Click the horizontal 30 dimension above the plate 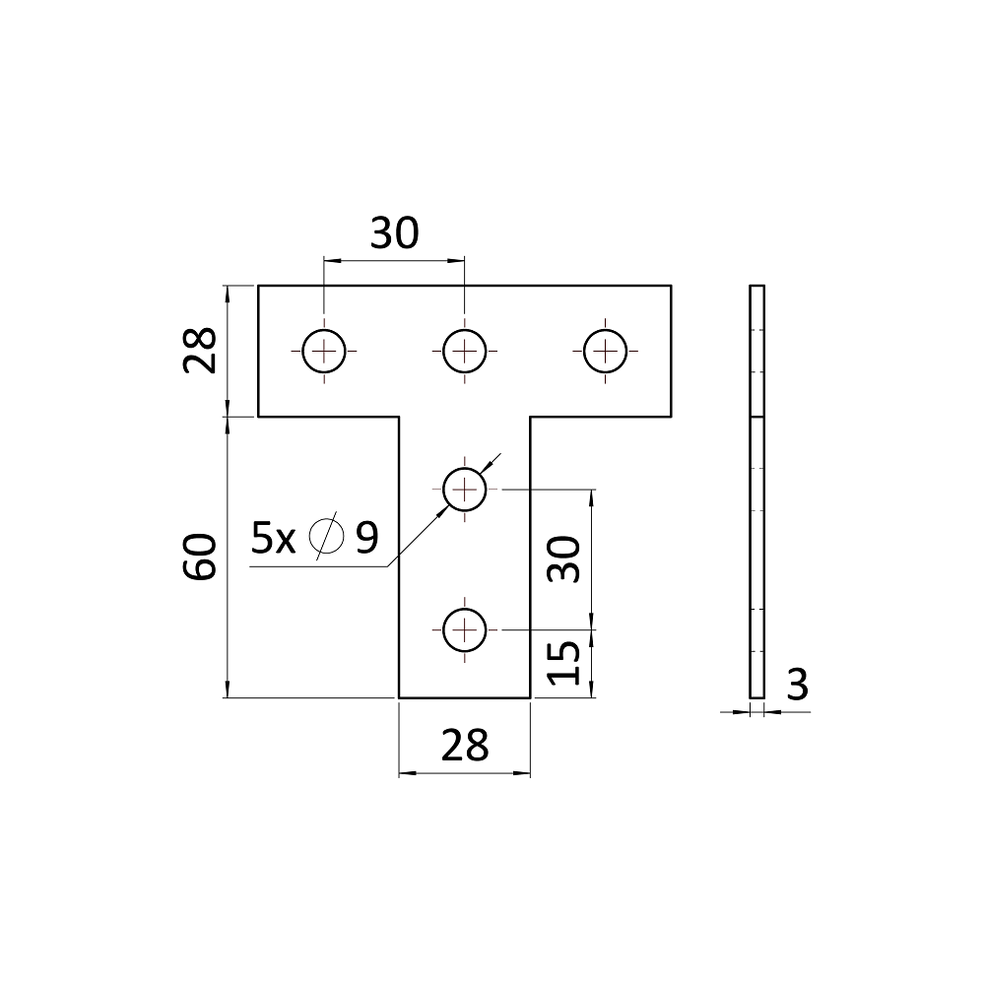[395, 233]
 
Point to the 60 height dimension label [200, 557]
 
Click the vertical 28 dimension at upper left [200, 351]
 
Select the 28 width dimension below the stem [465, 746]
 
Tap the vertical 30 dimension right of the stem [563, 559]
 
